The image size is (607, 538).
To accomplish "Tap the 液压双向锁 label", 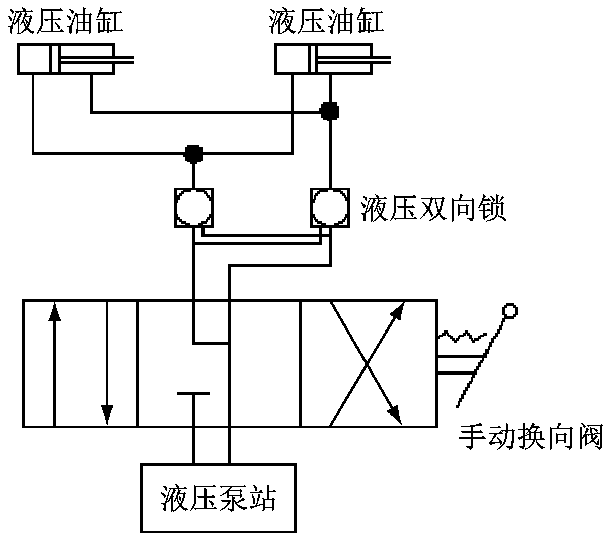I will [433, 209].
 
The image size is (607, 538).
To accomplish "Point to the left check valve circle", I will [194, 208].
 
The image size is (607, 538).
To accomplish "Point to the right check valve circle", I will [330, 208].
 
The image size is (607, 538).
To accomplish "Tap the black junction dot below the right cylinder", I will [330, 110].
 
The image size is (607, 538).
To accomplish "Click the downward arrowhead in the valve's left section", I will [106, 414].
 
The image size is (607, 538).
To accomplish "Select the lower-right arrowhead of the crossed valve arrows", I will [398, 416].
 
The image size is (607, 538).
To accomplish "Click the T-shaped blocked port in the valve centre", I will [193, 393].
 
